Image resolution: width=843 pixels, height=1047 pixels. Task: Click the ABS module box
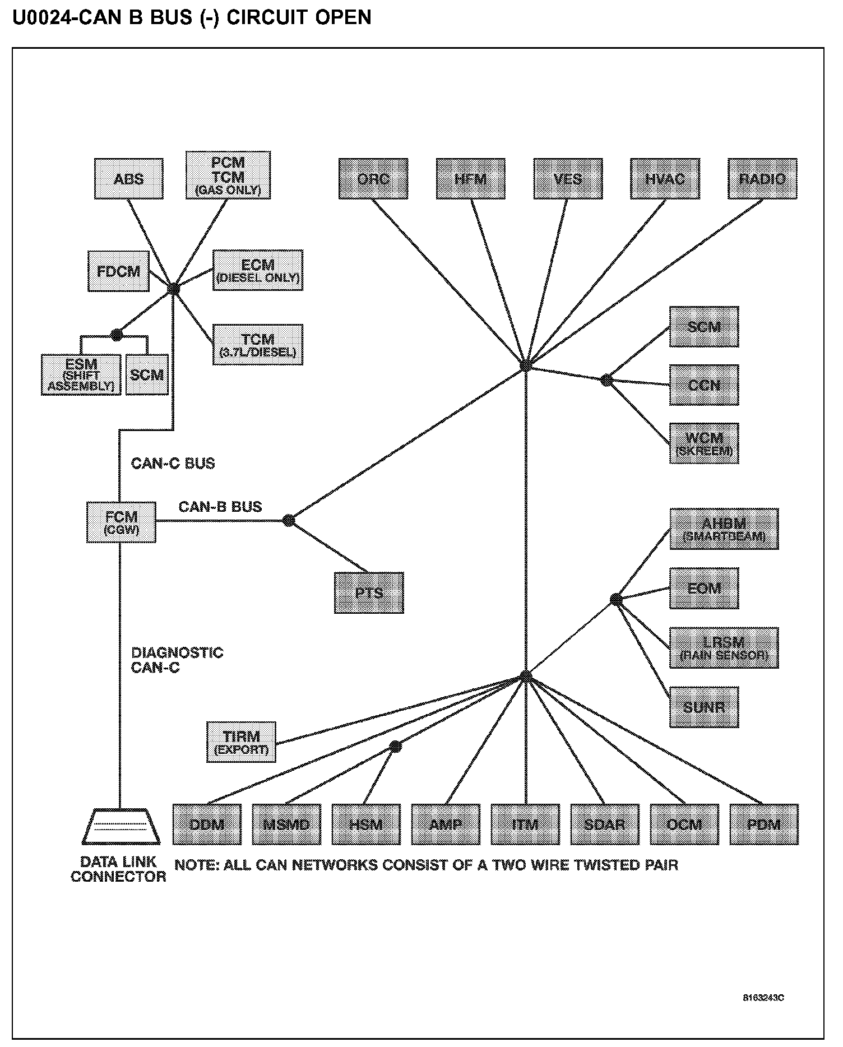point(128,179)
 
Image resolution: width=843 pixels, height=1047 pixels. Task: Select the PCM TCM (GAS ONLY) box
point(228,175)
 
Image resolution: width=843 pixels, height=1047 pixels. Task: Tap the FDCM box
point(118,271)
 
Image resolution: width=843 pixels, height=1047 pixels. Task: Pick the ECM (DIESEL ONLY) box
point(257,270)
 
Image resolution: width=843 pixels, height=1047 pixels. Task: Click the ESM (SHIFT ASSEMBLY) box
point(81,375)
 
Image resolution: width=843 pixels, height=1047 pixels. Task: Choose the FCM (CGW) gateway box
point(121,522)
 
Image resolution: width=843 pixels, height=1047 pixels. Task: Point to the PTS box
point(369,592)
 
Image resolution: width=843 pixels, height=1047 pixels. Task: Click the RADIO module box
point(762,179)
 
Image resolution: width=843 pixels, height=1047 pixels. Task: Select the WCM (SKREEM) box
point(704,443)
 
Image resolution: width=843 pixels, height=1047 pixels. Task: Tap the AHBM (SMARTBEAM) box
point(724,529)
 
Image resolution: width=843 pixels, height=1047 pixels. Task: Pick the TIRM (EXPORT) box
point(241,742)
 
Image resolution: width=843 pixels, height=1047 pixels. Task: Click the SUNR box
point(704,707)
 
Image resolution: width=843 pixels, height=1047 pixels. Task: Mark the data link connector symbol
point(121,827)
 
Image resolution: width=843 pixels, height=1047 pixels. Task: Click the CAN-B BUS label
point(220,507)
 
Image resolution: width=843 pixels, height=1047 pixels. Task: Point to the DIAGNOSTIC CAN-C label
point(177,660)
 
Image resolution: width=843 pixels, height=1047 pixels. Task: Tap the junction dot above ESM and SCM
point(116,335)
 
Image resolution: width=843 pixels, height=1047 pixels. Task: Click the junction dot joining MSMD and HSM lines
point(396,747)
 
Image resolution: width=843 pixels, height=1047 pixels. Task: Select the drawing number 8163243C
point(763,998)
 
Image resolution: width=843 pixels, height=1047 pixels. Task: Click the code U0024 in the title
point(40,17)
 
